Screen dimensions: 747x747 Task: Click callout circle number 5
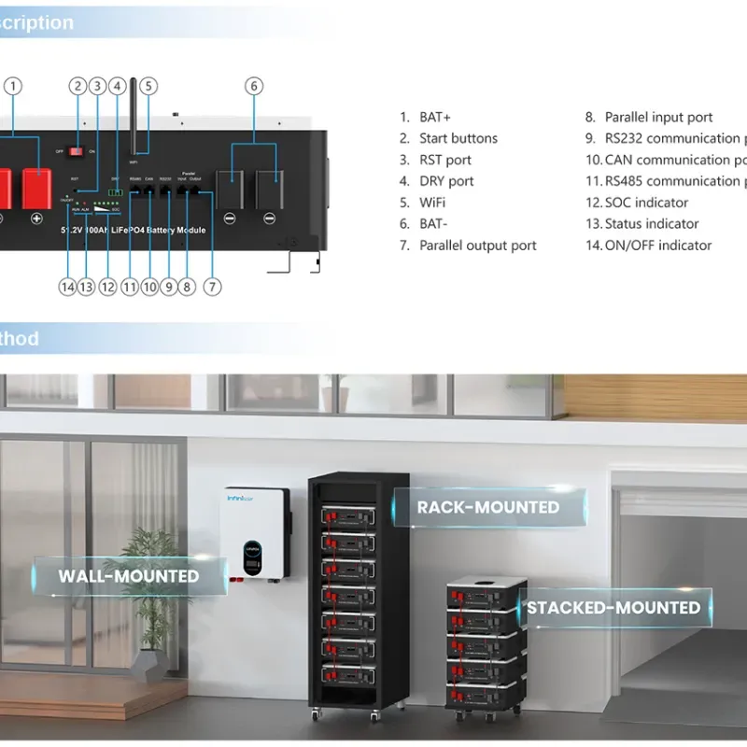coord(148,86)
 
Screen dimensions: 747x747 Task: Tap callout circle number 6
coord(253,86)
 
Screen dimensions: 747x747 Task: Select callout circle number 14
coord(67,288)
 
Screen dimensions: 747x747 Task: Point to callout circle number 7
coord(213,288)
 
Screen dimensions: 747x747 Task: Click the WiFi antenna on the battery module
coord(133,112)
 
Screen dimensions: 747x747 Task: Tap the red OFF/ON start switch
coord(78,150)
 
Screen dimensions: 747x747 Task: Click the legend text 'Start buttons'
coord(458,138)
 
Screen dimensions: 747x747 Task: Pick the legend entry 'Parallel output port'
coord(478,246)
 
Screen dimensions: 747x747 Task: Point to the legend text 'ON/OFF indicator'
coord(657,246)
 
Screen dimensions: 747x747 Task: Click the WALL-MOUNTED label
coord(129,576)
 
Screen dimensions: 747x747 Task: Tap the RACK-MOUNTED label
coord(487,508)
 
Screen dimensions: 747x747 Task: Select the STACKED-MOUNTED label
coord(613,608)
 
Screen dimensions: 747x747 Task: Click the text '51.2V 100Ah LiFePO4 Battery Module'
coord(133,230)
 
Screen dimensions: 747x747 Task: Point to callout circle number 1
coord(13,86)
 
